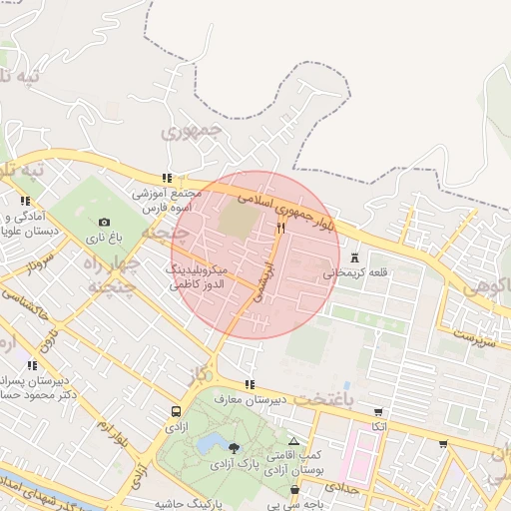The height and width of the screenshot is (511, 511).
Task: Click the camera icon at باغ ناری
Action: tap(105, 223)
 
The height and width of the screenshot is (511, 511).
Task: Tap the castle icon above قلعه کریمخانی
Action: tap(355, 258)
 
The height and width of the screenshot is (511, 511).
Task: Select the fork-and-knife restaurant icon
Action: tap(280, 229)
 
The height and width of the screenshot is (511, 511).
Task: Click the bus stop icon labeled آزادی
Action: tap(177, 411)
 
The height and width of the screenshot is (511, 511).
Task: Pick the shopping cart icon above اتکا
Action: tap(377, 412)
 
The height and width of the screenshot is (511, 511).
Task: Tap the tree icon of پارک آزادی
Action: tap(234, 448)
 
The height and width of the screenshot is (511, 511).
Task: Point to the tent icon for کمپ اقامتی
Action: tap(292, 440)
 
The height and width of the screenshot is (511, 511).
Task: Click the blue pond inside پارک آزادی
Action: tap(211, 442)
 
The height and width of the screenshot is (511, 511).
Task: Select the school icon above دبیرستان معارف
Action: tap(249, 384)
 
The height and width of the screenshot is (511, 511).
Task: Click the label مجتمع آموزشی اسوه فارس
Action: tap(166, 201)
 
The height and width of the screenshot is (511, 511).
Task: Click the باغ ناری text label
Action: tap(101, 238)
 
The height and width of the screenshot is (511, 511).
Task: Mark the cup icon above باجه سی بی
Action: tap(294, 490)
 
